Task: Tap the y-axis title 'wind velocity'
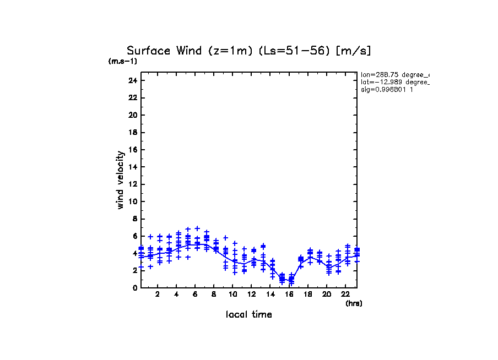(x=120, y=180)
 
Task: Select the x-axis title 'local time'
(x=248, y=314)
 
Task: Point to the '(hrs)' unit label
(x=354, y=303)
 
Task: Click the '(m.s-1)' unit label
(x=123, y=61)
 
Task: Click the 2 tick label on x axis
(x=158, y=294)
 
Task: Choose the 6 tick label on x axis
(x=195, y=294)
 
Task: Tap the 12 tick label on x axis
(x=252, y=294)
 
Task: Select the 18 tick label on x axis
(x=308, y=294)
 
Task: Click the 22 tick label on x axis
(x=345, y=294)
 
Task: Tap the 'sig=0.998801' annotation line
(x=387, y=89)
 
